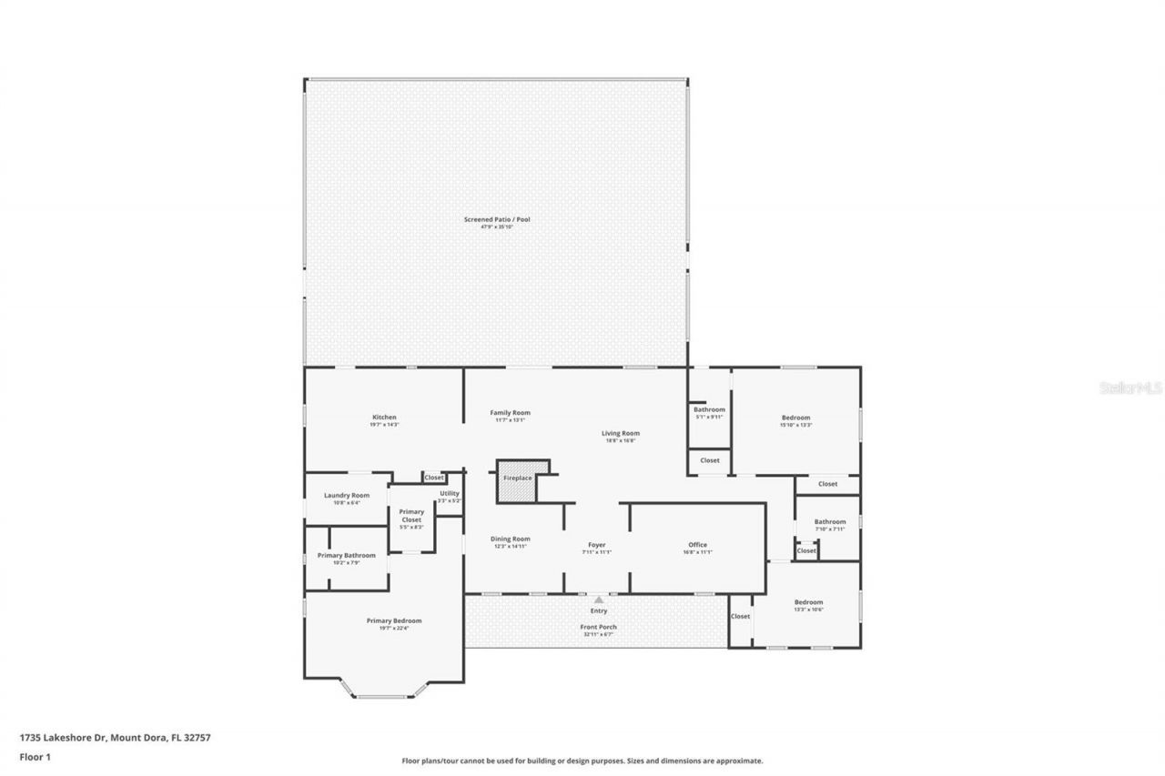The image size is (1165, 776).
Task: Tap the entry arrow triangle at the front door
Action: [598, 600]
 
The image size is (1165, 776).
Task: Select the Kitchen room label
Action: [384, 418]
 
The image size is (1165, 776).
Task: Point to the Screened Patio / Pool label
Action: [497, 220]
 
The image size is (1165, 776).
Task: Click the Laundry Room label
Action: [347, 495]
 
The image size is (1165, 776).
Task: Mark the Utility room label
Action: [450, 493]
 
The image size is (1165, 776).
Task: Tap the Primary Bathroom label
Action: [346, 555]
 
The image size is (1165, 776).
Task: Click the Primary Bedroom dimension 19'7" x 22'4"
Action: [394, 629]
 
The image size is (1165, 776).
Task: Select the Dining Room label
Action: [512, 539]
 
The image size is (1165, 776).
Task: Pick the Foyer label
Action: [596, 545]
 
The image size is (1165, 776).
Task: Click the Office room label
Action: [697, 545]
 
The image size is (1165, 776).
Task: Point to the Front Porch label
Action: [598, 627]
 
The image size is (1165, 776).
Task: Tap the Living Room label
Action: [621, 433]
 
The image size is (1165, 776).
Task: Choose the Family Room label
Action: [510, 412]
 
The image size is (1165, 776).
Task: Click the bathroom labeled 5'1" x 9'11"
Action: [709, 413]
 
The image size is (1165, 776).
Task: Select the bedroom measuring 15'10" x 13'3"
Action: [795, 421]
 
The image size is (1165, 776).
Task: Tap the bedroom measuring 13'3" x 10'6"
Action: [808, 606]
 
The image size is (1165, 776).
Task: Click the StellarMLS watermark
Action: [1130, 388]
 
